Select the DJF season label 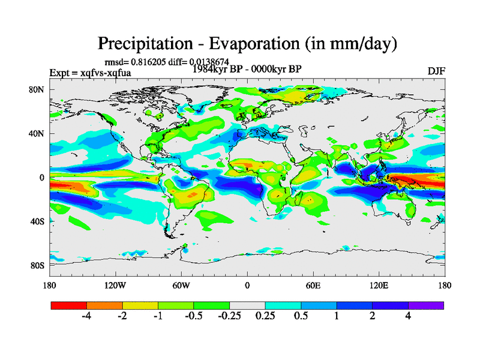coord(436,70)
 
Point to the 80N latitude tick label coord(39,89)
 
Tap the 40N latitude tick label coord(39,133)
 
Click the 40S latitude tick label coord(39,221)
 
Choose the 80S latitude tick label coord(39,265)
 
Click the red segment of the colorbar coord(69,305)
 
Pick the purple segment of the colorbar coord(426,305)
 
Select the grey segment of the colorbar coord(247,305)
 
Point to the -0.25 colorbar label coord(229,316)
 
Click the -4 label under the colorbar coord(86,316)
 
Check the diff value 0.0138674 coord(209,62)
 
